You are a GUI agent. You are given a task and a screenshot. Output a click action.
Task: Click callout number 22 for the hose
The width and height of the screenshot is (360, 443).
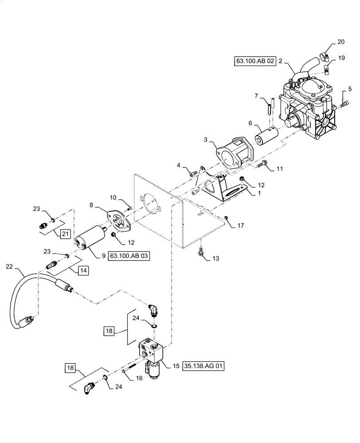pyautogui.click(x=9, y=266)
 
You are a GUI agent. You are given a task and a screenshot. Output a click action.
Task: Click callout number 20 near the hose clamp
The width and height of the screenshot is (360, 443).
pyautogui.click(x=340, y=42)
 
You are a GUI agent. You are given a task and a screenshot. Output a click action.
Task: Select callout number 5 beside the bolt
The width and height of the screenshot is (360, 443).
pyautogui.click(x=350, y=89)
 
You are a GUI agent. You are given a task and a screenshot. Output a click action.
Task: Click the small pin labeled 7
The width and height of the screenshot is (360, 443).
pyautogui.click(x=269, y=109)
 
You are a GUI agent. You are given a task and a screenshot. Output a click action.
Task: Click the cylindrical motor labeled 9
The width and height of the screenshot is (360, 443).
pyautogui.click(x=90, y=239)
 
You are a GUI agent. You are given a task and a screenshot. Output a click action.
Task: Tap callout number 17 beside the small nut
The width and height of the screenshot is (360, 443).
pyautogui.click(x=241, y=226)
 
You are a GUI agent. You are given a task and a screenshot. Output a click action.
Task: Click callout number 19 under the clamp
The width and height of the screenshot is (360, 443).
pyautogui.click(x=341, y=58)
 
